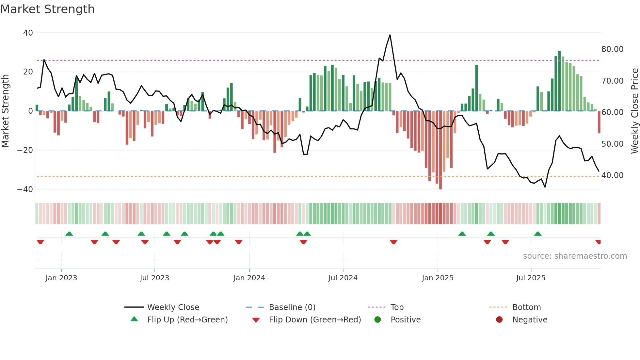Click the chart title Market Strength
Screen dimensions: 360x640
[47, 9]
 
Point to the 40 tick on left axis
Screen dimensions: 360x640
[28, 33]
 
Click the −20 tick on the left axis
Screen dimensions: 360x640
[25, 150]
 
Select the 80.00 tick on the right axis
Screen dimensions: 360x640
[612, 49]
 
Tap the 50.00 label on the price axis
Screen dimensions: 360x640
[612, 144]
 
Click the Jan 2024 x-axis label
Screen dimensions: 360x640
[249, 278]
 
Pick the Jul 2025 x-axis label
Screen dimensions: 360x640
[531, 278]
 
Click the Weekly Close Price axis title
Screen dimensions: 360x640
[634, 111]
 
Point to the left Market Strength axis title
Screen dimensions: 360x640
[5, 111]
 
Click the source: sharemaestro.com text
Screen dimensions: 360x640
[575, 256]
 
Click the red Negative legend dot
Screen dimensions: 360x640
[499, 320]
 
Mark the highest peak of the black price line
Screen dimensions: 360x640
[390, 35]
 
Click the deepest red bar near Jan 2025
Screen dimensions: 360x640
[440, 150]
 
